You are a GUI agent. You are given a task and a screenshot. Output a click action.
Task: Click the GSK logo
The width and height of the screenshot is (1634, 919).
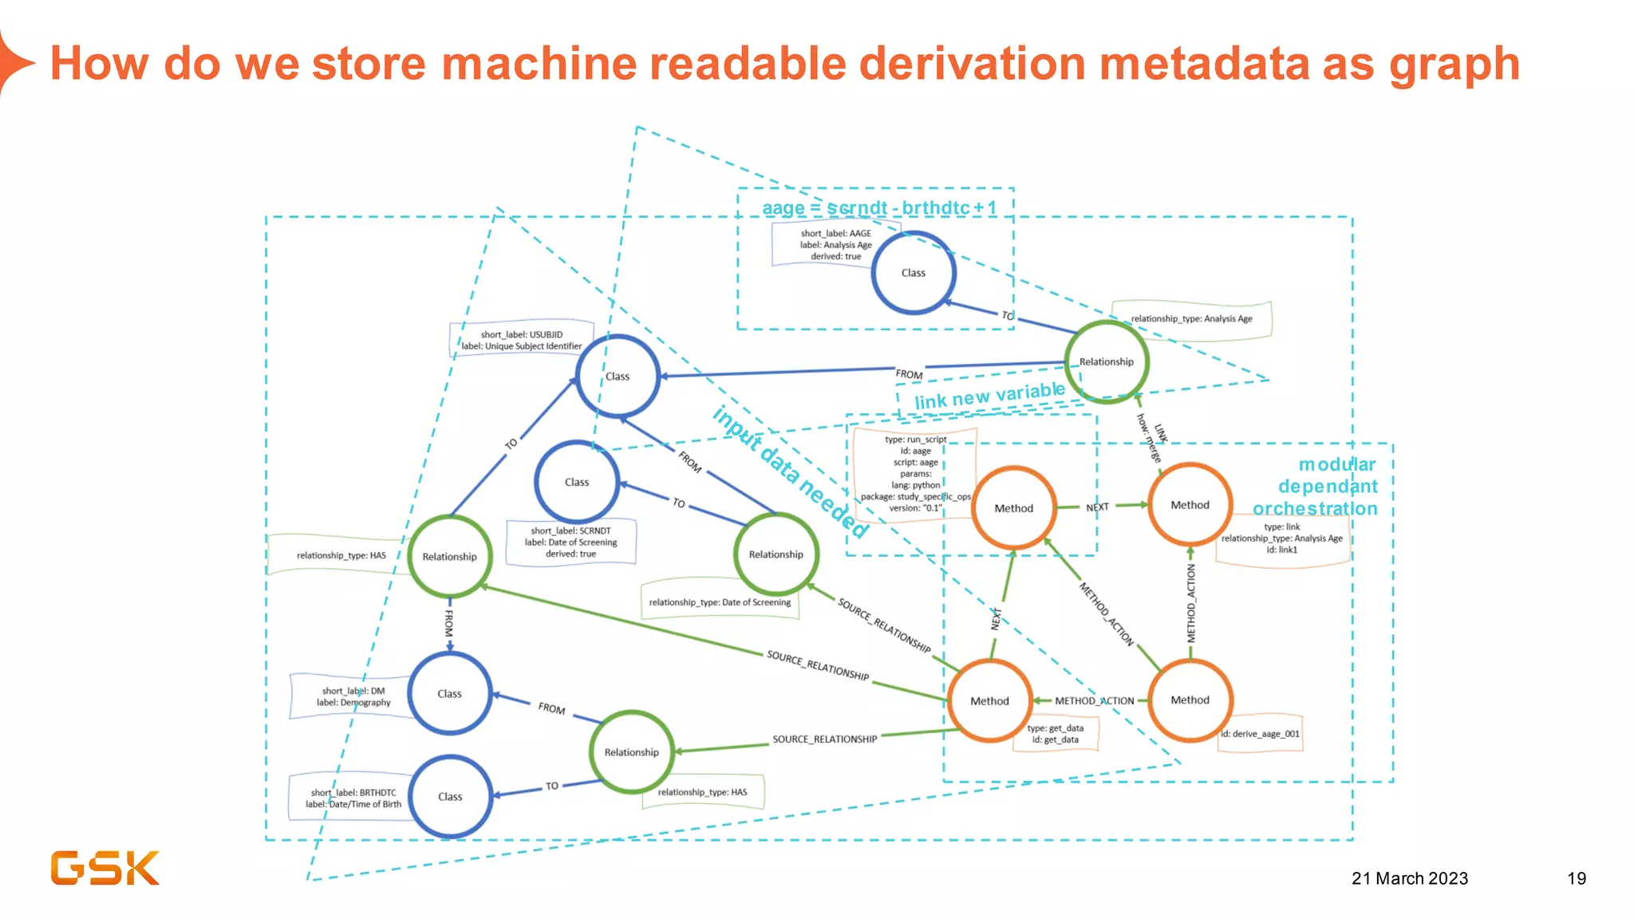(105, 868)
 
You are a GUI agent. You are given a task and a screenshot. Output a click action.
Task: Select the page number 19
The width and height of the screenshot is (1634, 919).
(1576, 878)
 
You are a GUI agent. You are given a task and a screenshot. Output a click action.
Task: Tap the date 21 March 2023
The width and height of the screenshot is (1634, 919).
(1409, 878)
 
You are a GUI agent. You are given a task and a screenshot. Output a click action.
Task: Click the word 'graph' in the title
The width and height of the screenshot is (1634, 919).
(1454, 64)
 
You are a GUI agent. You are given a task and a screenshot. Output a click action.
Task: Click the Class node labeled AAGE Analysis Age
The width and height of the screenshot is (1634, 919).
(913, 273)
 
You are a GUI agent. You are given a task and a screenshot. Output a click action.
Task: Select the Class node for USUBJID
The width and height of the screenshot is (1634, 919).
(618, 376)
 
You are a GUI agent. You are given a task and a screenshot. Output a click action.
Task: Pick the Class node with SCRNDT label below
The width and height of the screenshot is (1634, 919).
(576, 482)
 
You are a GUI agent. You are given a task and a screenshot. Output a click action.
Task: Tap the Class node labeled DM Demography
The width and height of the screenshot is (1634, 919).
(449, 693)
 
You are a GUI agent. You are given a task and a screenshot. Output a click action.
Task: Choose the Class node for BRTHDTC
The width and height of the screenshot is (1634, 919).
(449, 796)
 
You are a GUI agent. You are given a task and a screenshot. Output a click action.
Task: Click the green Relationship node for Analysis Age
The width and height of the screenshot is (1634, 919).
(1106, 361)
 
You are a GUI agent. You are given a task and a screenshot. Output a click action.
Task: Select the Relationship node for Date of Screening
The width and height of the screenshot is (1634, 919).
(776, 554)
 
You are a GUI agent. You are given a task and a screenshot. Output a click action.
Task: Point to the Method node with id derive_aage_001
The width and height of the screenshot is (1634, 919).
(1190, 700)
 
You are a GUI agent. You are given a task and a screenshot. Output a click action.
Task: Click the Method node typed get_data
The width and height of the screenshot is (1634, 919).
(989, 700)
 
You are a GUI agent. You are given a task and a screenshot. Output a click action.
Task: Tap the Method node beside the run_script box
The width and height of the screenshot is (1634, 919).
(1013, 508)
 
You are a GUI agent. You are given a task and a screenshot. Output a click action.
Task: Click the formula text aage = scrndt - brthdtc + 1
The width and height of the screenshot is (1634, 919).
(878, 208)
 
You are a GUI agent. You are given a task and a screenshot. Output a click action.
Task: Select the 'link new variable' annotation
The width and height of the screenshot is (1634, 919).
(989, 395)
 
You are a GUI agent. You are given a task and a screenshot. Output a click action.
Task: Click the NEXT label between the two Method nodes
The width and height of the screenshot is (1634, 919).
(1097, 507)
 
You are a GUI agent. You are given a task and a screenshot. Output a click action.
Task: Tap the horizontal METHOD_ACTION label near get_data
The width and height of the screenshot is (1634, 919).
(1094, 701)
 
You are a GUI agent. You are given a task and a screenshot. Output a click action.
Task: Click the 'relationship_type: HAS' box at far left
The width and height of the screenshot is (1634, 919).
(341, 555)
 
